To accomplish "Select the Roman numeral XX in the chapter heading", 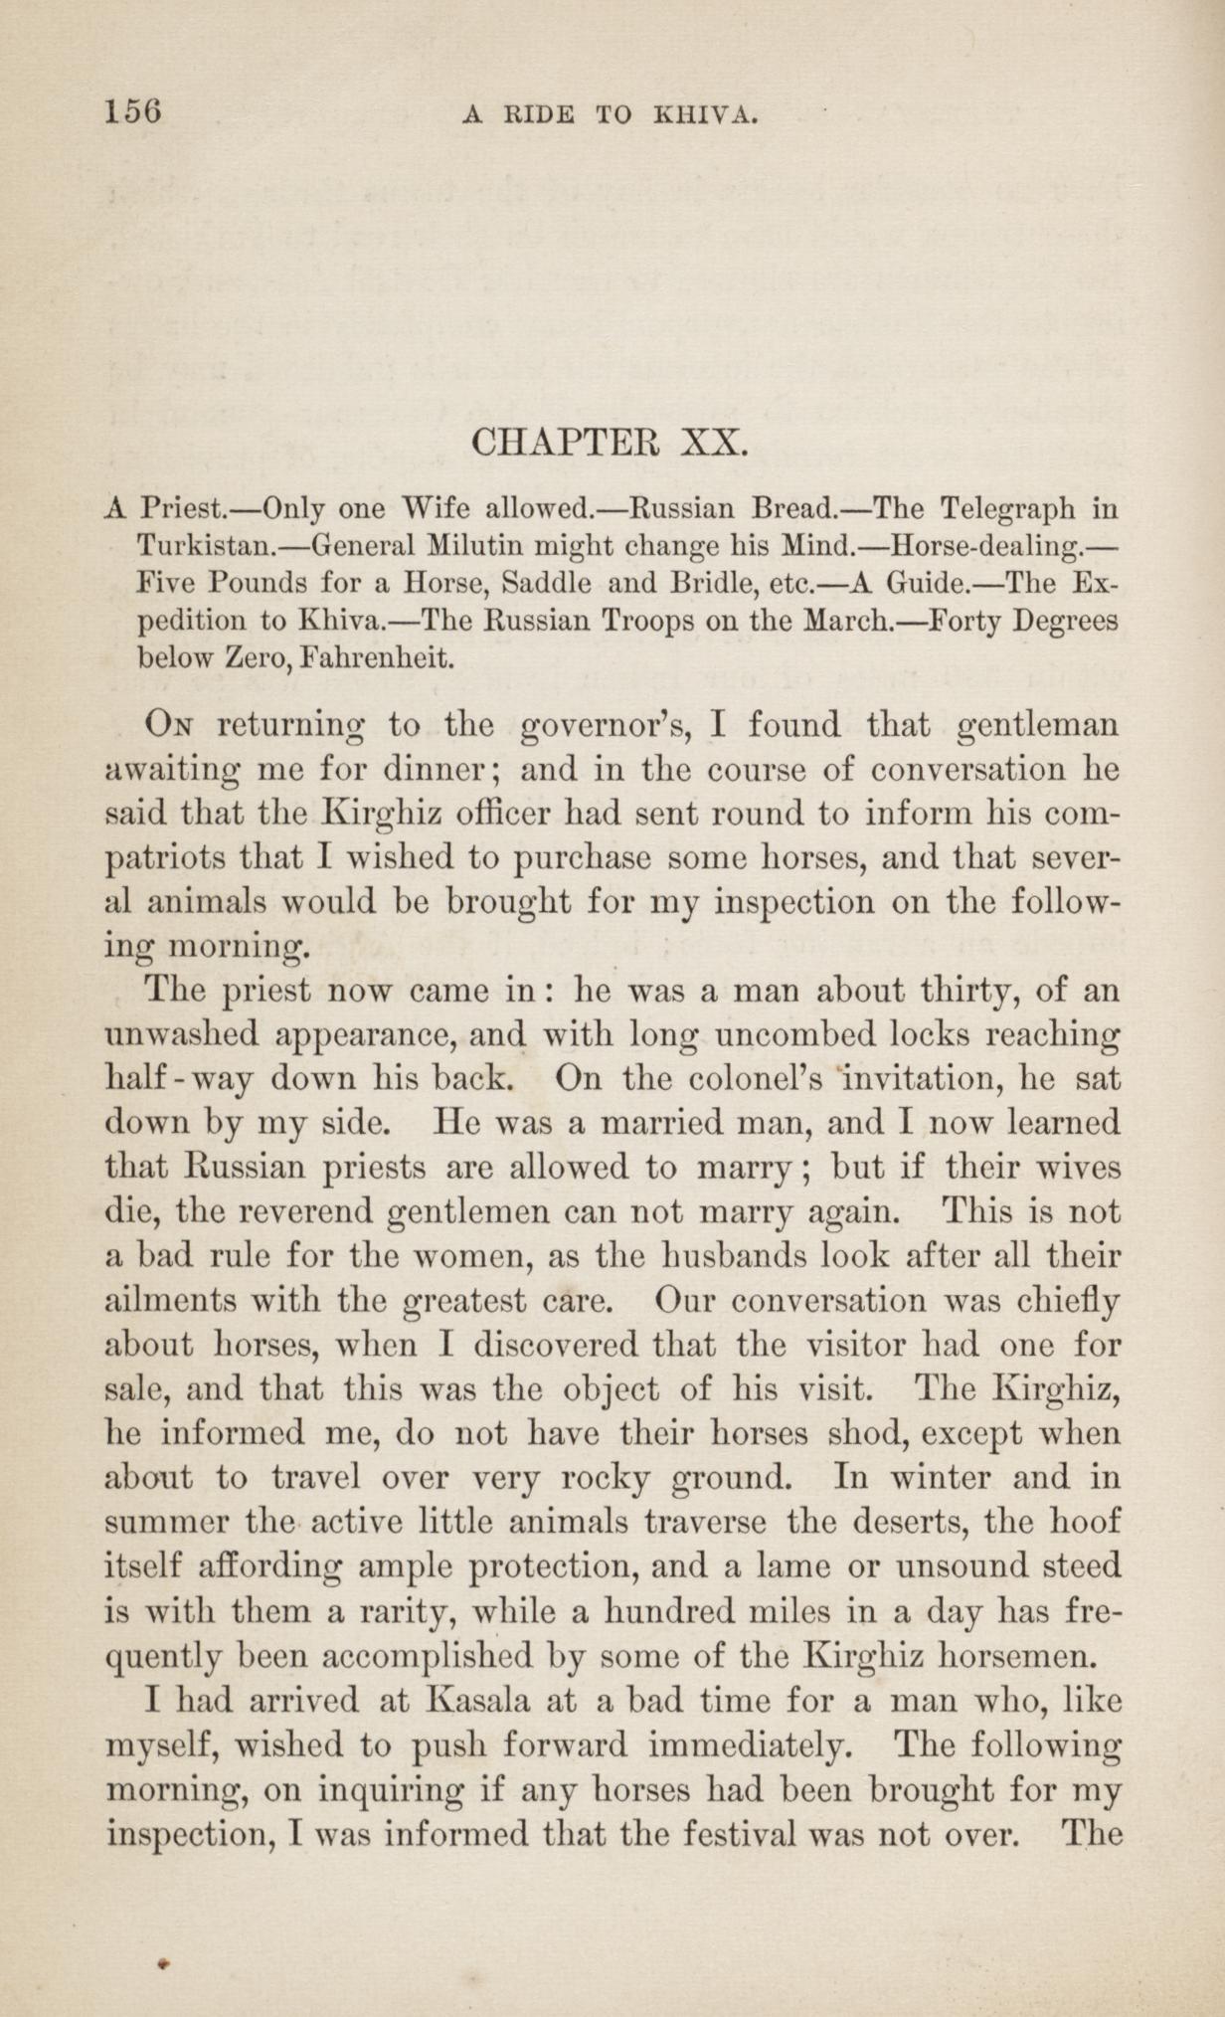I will (714, 441).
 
